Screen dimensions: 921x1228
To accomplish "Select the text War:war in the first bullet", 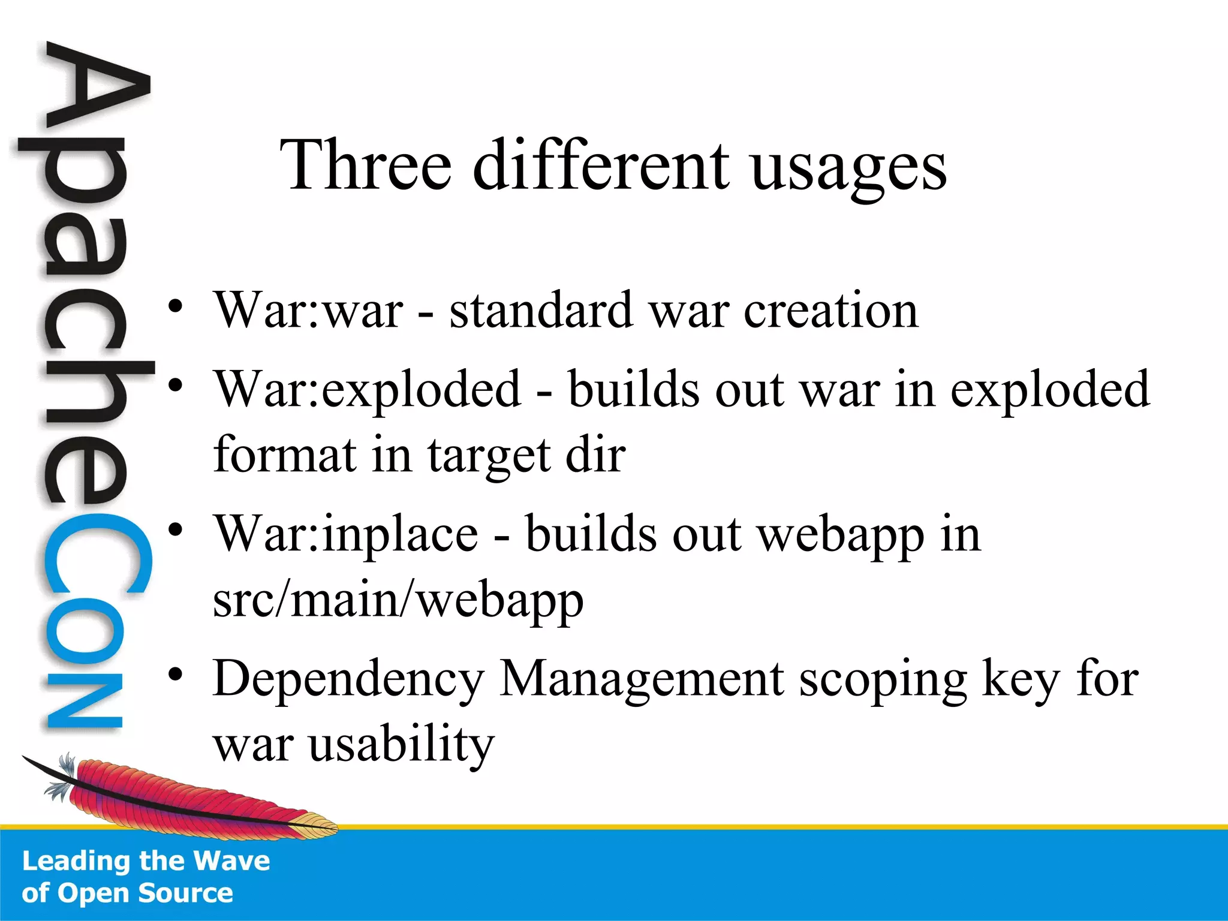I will click(309, 311).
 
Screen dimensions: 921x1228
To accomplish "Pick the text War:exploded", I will click(368, 390).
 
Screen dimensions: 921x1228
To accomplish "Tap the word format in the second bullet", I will click(285, 455).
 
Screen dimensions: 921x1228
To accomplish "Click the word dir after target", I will click(595, 455).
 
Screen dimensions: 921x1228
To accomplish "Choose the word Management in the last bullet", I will click(642, 679).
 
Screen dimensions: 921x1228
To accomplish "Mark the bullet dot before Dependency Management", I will click(175, 675).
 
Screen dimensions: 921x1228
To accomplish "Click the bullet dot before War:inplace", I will click(175, 529).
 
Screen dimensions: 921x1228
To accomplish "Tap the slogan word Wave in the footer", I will click(232, 861).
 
